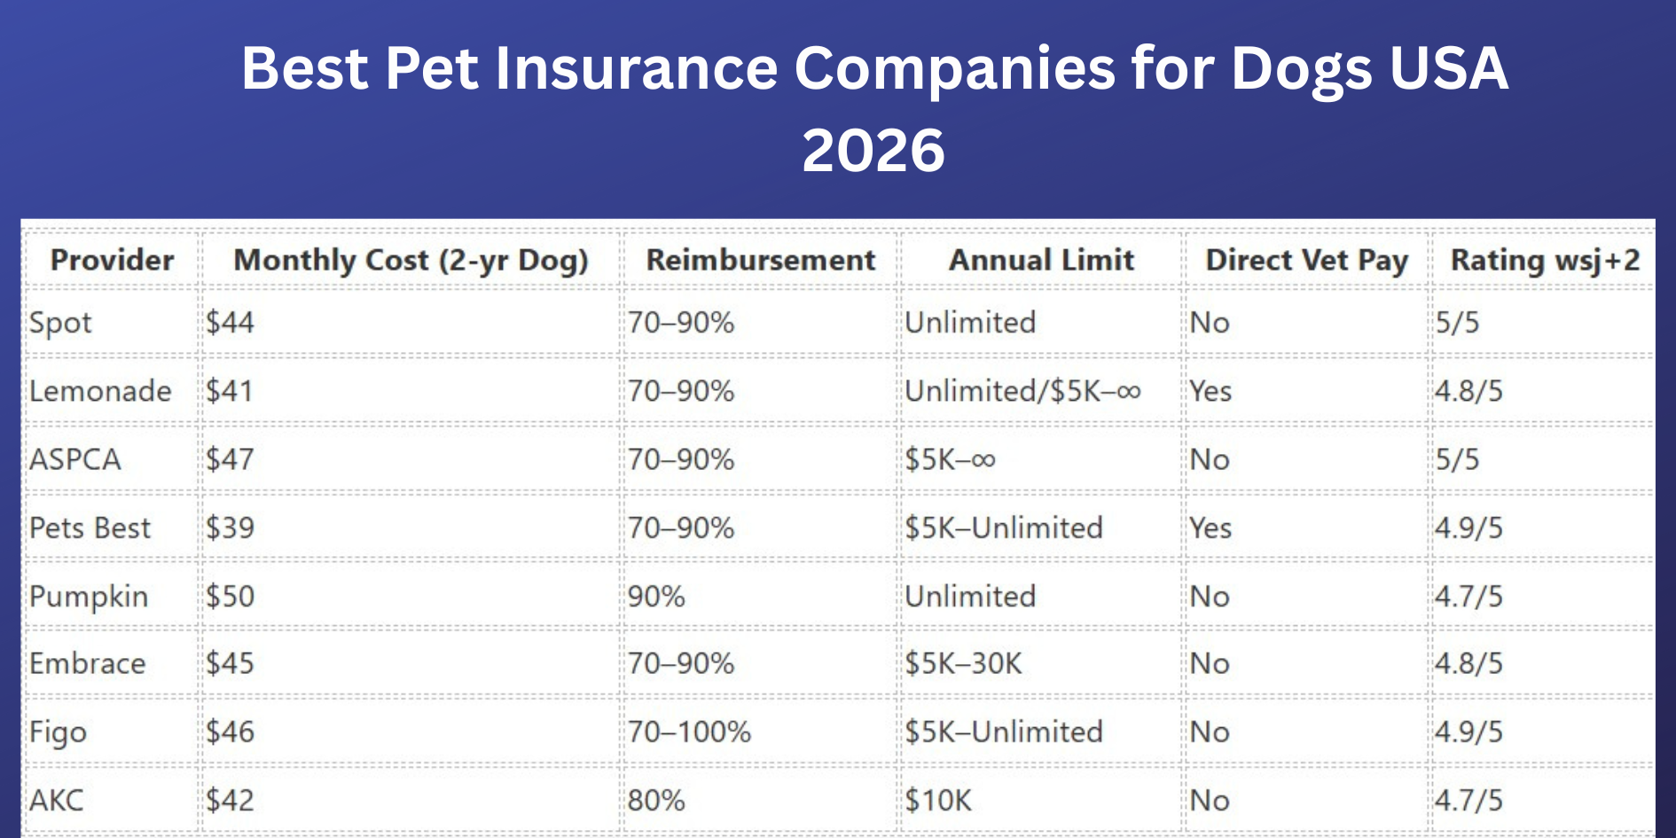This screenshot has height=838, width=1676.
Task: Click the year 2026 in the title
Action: click(x=873, y=150)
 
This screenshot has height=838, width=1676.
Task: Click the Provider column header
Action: click(x=113, y=260)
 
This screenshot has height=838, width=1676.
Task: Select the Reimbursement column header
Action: click(x=761, y=260)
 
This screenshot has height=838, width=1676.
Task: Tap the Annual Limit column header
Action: click(x=1042, y=260)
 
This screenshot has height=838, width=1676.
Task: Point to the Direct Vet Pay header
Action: click(x=1306, y=260)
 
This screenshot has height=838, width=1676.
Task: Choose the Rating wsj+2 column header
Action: click(x=1545, y=260)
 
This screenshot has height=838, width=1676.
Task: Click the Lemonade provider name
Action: click(x=100, y=391)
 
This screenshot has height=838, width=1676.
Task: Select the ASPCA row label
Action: click(x=75, y=459)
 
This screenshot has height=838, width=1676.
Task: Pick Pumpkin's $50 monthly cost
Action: click(x=231, y=596)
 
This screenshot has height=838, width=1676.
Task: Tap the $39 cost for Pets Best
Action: click(x=231, y=528)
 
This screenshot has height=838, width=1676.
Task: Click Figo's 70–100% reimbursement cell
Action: click(x=689, y=732)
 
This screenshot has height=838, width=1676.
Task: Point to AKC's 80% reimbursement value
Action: click(x=656, y=800)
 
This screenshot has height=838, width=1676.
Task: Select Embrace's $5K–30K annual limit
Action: click(x=963, y=663)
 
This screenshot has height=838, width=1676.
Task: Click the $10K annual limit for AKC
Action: click(x=938, y=800)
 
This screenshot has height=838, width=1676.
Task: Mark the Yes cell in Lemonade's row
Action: click(x=1210, y=391)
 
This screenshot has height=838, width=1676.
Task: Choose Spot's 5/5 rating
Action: click(x=1458, y=323)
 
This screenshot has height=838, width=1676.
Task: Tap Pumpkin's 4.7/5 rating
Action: click(x=1469, y=596)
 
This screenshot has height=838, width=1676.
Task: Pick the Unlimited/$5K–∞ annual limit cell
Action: click(x=1022, y=391)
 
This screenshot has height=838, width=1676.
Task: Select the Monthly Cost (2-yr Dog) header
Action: click(x=411, y=260)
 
